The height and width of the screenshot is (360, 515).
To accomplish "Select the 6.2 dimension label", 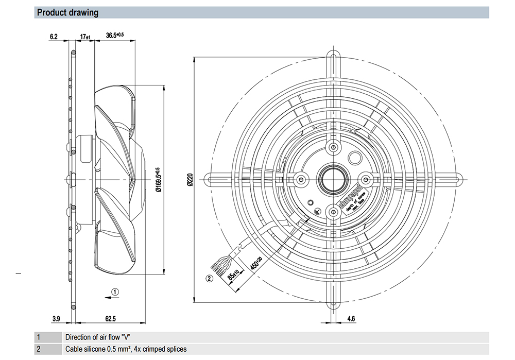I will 54,36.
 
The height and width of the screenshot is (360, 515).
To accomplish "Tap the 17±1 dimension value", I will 85,36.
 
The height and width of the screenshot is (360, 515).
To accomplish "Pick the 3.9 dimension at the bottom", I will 56,319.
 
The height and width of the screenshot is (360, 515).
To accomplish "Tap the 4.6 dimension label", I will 351,319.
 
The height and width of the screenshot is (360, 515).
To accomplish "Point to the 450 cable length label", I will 255,265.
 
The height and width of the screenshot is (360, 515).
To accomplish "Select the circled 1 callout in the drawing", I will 115,292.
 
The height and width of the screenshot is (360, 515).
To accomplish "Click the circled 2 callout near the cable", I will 209,279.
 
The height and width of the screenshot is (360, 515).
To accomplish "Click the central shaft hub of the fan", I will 332,179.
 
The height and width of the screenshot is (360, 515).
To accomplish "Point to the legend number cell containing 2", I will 38,349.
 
